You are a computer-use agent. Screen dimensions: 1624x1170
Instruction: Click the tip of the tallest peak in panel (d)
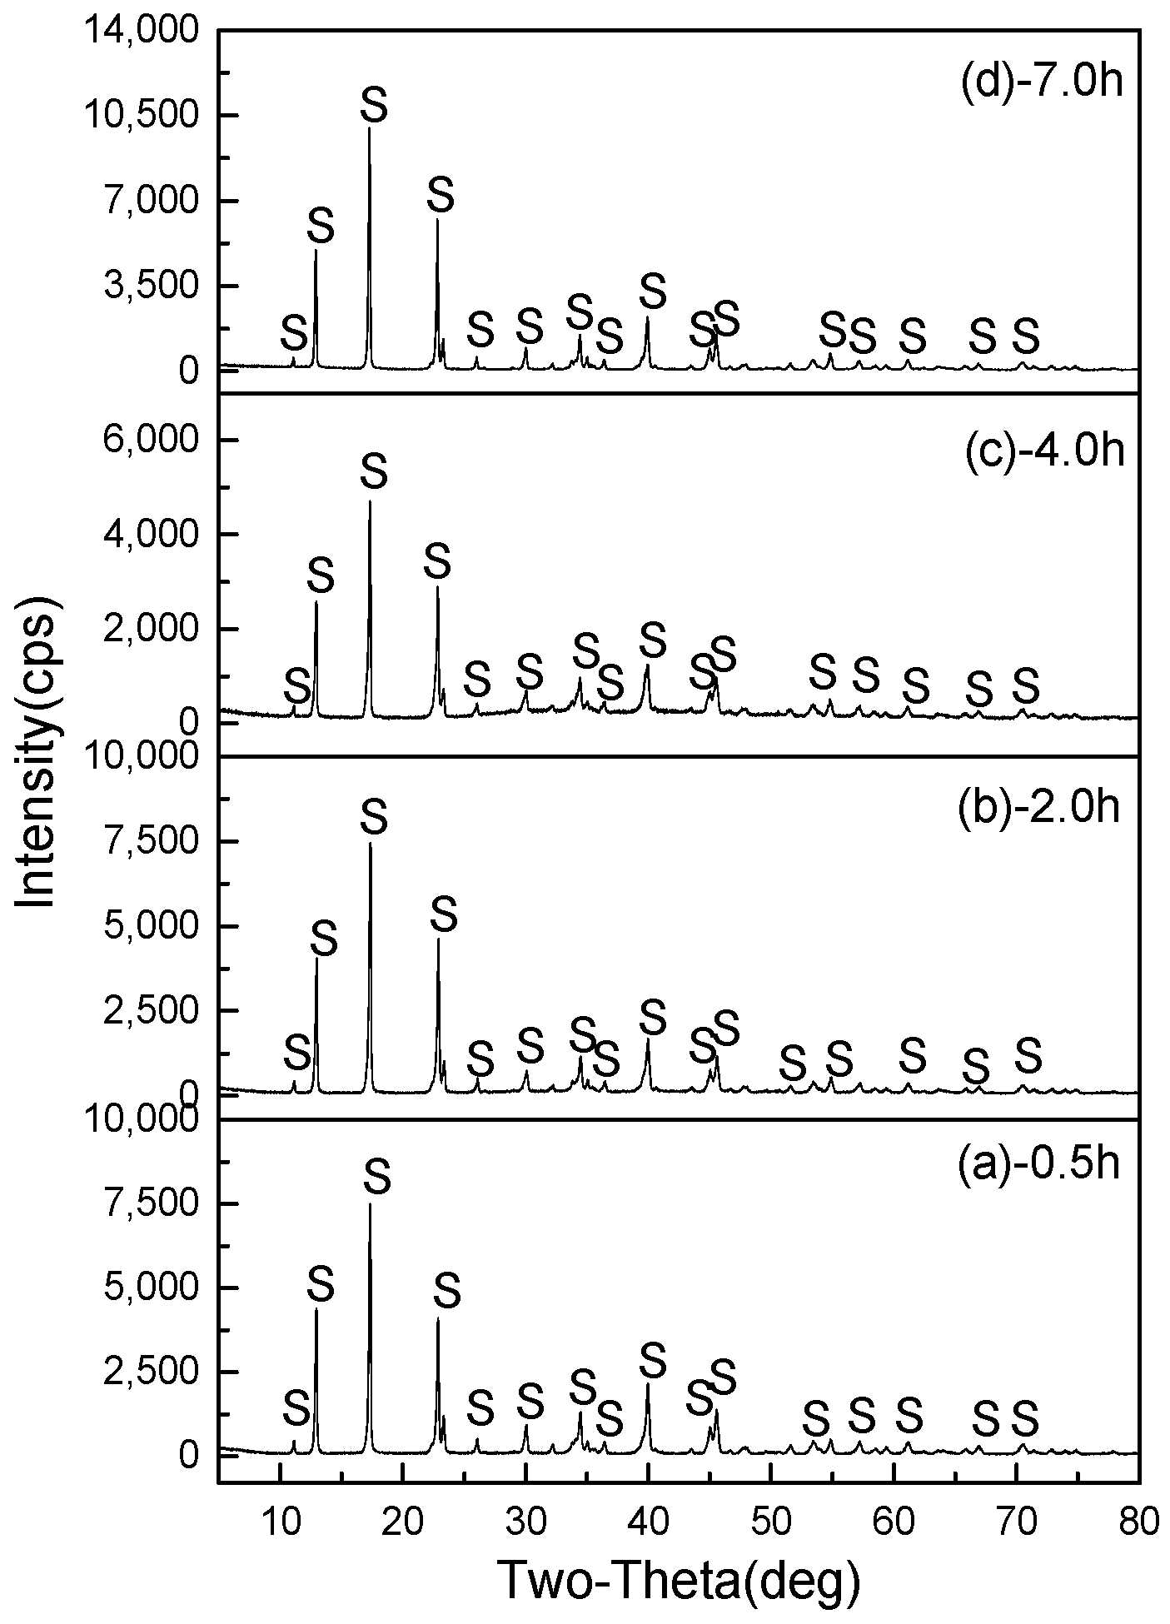point(369,128)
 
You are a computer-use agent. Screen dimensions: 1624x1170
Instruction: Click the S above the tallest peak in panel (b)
point(374,819)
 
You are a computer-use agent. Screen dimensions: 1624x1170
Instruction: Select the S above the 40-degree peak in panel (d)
point(653,291)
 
